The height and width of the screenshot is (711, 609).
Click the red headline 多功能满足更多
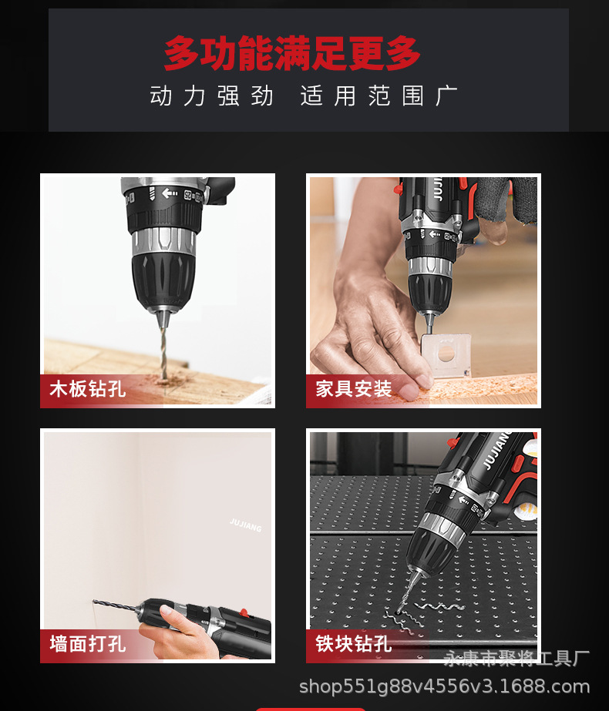292,53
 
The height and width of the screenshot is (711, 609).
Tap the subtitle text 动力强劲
211,96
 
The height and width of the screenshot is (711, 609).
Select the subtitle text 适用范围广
379,96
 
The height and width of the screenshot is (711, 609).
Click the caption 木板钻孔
88,389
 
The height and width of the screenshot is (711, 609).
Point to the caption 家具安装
354,389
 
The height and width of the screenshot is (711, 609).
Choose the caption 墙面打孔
88,644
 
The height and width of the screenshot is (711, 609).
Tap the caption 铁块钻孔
354,644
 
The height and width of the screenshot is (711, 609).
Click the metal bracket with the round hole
445,354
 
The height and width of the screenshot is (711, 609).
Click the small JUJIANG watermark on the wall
245,525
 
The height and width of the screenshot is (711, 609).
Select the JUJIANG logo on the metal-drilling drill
496,450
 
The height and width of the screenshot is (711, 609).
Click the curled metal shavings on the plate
422,615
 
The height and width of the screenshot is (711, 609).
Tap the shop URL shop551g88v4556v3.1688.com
444,686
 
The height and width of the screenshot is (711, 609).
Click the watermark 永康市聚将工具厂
516,659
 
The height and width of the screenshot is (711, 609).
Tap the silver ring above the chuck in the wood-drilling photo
164,240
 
